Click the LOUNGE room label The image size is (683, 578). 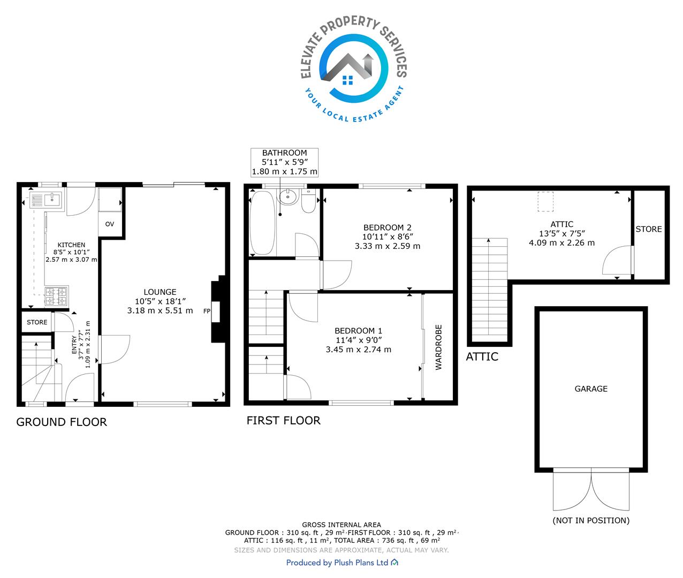tap(160, 292)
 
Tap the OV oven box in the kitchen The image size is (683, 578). tap(110, 224)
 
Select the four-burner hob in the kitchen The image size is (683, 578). tap(57, 296)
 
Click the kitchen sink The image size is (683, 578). tap(46, 200)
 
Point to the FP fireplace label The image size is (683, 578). tap(207, 311)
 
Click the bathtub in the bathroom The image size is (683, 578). tap(263, 223)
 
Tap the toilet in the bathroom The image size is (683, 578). tap(308, 201)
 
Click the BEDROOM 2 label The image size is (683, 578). tap(387, 227)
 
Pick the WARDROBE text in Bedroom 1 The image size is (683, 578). tap(438, 347)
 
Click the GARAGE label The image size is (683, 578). tap(591, 389)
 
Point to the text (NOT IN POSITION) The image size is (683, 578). tap(591, 521)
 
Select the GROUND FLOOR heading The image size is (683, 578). tap(62, 422)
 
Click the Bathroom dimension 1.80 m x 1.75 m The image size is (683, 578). tap(285, 171)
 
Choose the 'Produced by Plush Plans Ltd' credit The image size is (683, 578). tap(342, 562)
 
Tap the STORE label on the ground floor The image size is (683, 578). tap(37, 322)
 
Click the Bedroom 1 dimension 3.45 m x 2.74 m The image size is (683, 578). tap(359, 349)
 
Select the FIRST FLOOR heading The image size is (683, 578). tap(284, 420)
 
